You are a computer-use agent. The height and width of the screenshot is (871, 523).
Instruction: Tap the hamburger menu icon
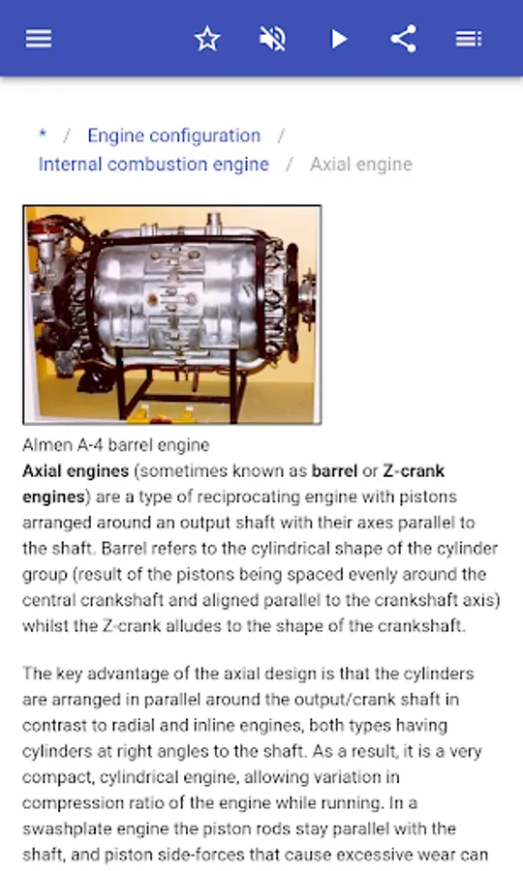[x=39, y=39]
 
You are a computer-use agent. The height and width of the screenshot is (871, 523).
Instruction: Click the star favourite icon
[x=207, y=39]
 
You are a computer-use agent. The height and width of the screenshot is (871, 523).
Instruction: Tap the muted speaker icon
[x=272, y=39]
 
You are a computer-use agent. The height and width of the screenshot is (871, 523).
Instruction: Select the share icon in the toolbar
[x=404, y=39]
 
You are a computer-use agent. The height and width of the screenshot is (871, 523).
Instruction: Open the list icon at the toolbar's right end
[x=469, y=39]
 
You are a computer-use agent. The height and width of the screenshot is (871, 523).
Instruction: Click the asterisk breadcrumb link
[x=43, y=134]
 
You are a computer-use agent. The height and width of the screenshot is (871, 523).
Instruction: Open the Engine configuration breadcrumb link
[x=174, y=135]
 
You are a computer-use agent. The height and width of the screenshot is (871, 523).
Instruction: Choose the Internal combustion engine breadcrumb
[x=153, y=165]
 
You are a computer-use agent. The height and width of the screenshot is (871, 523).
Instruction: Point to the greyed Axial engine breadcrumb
[x=361, y=165]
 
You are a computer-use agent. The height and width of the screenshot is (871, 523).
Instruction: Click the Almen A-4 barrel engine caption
[x=115, y=445]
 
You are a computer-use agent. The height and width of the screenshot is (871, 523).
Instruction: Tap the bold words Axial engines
[x=76, y=471]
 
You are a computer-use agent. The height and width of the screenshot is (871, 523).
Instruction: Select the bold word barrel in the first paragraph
[x=334, y=471]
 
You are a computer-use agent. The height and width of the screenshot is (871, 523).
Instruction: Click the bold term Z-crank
[x=414, y=471]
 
